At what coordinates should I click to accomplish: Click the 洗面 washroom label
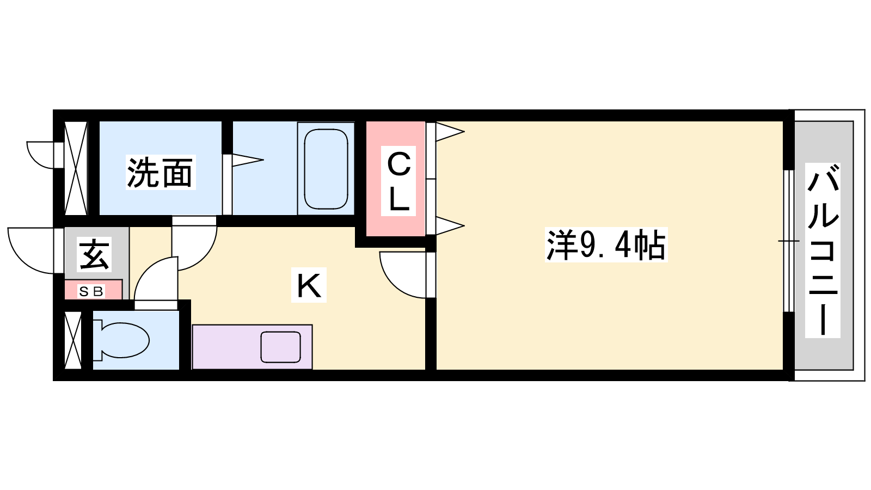coord(160,173)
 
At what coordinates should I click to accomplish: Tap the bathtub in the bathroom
coord(326,169)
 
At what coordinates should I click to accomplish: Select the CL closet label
coord(398,182)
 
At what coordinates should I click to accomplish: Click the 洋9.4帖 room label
coord(606,246)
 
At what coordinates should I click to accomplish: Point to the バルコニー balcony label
coord(823,250)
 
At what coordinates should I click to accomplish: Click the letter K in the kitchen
coord(309,285)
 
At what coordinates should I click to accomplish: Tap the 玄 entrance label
coord(95,254)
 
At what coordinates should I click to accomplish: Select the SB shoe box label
coord(91,292)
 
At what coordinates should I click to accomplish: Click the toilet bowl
coord(124,340)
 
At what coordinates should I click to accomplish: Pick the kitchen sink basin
coord(280,347)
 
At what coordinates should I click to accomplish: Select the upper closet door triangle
coord(449,131)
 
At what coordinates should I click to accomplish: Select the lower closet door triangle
coord(449,225)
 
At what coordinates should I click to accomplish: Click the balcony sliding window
coord(788,241)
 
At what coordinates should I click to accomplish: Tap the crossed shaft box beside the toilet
coord(73,340)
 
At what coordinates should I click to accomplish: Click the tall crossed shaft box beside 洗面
coord(76,168)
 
